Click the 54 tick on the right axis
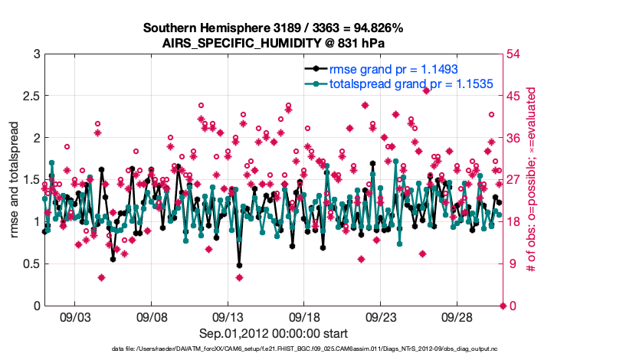tap(516, 54)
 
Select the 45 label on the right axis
tap(516, 97)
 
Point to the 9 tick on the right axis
tap(513, 264)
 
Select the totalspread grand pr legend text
tap(410, 83)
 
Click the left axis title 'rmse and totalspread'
tap(15, 179)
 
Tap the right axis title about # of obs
tap(529, 179)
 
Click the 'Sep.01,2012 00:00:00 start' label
tap(274, 333)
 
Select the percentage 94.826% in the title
tap(375, 28)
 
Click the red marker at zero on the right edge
tap(503, 306)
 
